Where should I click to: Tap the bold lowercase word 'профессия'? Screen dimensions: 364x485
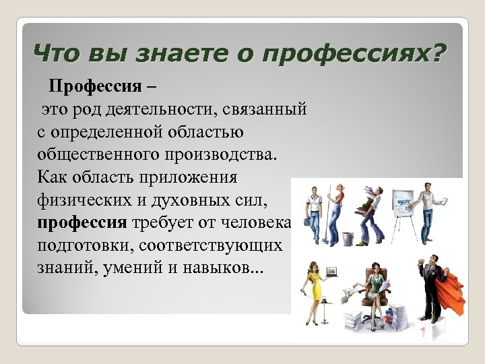pos(82,223)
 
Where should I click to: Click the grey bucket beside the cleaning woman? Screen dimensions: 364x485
pos(348,238)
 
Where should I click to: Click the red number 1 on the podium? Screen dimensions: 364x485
pos(423,332)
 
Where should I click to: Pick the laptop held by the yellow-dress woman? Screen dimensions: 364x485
pos(331,271)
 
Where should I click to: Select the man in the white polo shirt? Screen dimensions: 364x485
pos(313,212)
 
